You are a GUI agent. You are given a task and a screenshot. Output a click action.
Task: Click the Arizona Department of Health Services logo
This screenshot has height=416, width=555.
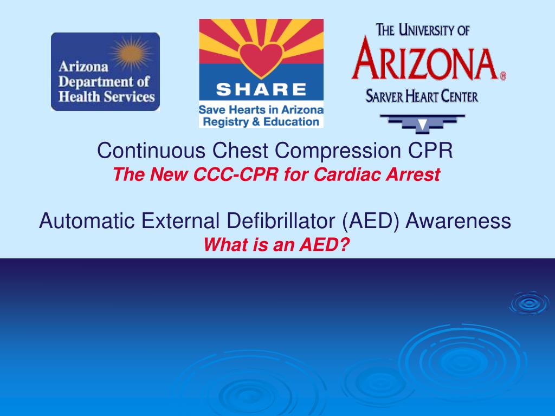point(105,72)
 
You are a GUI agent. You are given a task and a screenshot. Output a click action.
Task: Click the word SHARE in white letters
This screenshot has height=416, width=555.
point(261,89)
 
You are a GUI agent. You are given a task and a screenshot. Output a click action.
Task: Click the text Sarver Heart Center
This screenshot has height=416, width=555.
point(422,97)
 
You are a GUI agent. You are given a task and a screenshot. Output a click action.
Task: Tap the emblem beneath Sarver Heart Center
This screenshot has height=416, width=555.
point(422,123)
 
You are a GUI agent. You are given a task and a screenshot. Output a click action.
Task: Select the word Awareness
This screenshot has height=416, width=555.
point(459,220)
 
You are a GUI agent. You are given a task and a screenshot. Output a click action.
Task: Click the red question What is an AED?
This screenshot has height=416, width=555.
point(276,245)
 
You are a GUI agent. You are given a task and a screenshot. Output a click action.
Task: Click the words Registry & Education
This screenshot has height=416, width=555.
point(261,121)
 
